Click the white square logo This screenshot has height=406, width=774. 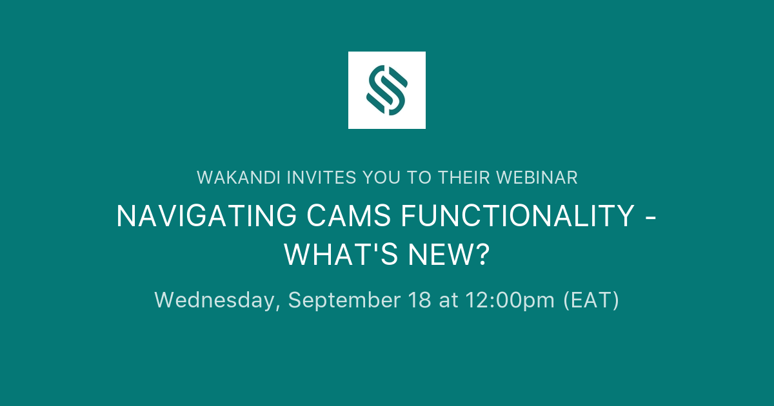coord(387,90)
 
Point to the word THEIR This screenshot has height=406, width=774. coord(461,178)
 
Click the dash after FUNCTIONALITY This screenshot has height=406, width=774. coord(651,218)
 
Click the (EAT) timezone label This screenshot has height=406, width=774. coord(591,300)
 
